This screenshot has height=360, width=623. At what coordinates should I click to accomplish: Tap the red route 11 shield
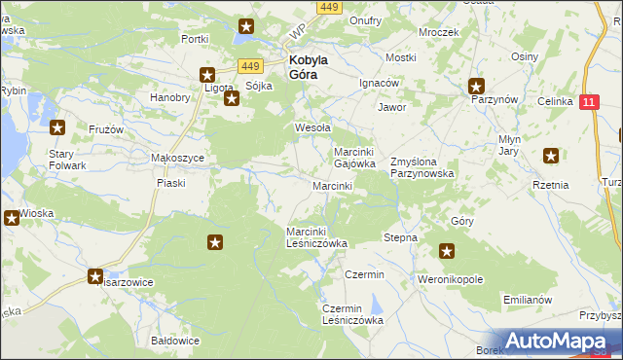pos(588,101)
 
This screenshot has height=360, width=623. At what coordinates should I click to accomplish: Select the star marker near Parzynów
pos(476,85)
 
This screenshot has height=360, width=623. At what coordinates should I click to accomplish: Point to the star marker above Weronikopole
pos(447,252)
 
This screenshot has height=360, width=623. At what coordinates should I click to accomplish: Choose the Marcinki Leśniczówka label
pos(316,236)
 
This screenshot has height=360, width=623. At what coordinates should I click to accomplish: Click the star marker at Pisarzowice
pos(95,275)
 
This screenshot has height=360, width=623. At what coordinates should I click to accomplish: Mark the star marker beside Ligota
pos(207,74)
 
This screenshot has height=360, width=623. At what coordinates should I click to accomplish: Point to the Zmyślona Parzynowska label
pos(421,166)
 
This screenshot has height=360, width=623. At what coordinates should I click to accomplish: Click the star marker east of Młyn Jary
pos(552,155)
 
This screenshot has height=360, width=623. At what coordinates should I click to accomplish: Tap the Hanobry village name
pos(169,97)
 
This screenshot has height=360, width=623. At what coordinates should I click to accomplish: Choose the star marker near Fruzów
pos(57,126)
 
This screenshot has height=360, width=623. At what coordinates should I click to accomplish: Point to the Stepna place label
pos(400,237)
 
